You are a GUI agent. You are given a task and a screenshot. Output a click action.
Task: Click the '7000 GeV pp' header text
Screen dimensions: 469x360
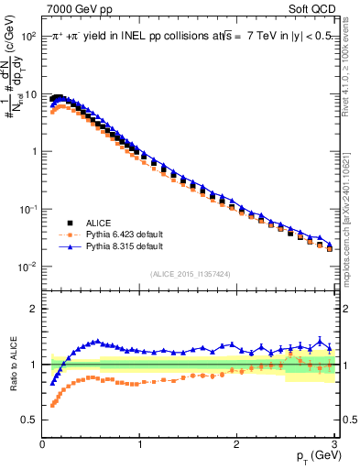coord(75,8)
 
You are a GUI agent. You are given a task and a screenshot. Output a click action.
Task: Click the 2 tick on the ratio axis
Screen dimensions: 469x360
coord(35,309)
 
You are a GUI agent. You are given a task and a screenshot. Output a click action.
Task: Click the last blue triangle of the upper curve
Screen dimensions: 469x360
coord(330,245)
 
